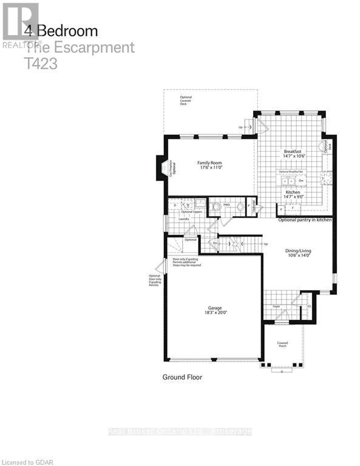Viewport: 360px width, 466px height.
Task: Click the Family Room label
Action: pyautogui.click(x=208, y=163)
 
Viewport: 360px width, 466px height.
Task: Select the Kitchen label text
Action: pyautogui.click(x=293, y=192)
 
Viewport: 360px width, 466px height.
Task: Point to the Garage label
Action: pyautogui.click(x=212, y=307)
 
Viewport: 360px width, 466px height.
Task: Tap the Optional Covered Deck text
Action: pyautogui.click(x=185, y=101)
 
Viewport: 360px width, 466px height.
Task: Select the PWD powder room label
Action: pyautogui.click(x=226, y=204)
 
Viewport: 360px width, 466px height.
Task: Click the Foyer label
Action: pyautogui.click(x=276, y=307)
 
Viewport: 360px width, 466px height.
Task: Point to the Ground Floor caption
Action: pyautogui.click(x=182, y=377)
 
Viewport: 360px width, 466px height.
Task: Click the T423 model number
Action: pyautogui.click(x=41, y=63)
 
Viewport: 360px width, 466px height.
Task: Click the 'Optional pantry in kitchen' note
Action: pyautogui.click(x=305, y=220)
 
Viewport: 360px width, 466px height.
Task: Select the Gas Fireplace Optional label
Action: pyautogui.click(x=171, y=167)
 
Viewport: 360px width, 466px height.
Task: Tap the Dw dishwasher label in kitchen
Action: pyautogui.click(x=300, y=180)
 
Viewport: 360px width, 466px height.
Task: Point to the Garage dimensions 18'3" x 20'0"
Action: pyautogui.click(x=212, y=312)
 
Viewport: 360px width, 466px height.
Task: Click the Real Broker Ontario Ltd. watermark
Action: pyautogui.click(x=180, y=431)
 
